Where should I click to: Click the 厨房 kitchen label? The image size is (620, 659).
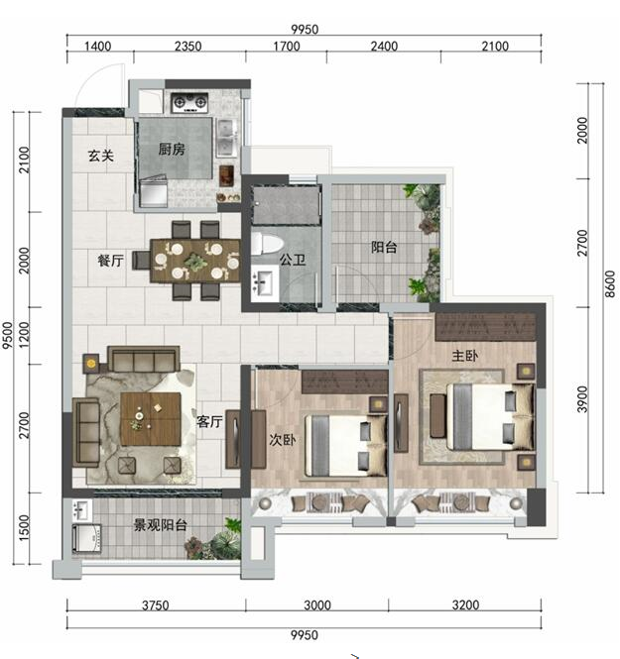tap(172, 149)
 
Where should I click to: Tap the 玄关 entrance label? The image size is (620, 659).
tap(101, 156)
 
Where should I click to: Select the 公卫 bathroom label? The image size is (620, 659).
tap(293, 260)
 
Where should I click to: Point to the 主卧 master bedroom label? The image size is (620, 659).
tap(465, 356)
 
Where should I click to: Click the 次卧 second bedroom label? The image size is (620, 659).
tap(283, 440)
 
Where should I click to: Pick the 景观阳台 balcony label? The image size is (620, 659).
tap(161, 525)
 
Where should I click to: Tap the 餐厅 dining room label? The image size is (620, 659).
tap(111, 261)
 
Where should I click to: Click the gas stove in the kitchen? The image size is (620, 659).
tap(190, 102)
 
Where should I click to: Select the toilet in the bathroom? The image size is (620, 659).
tap(267, 245)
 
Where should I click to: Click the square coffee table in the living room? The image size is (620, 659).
tap(151, 419)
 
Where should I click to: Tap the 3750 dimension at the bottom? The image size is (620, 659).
tap(155, 605)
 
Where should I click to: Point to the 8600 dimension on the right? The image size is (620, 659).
tap(610, 284)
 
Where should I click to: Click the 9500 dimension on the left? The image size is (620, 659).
tap(8, 335)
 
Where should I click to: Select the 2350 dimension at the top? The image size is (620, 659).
tap(188, 46)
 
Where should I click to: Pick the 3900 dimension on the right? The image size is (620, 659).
tap(582, 399)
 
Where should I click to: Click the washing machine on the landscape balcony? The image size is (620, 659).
tap(86, 538)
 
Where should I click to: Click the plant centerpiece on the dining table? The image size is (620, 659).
tap(195, 262)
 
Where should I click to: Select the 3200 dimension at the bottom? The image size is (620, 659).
tap(465, 605)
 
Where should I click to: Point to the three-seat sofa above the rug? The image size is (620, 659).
tap(144, 359)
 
